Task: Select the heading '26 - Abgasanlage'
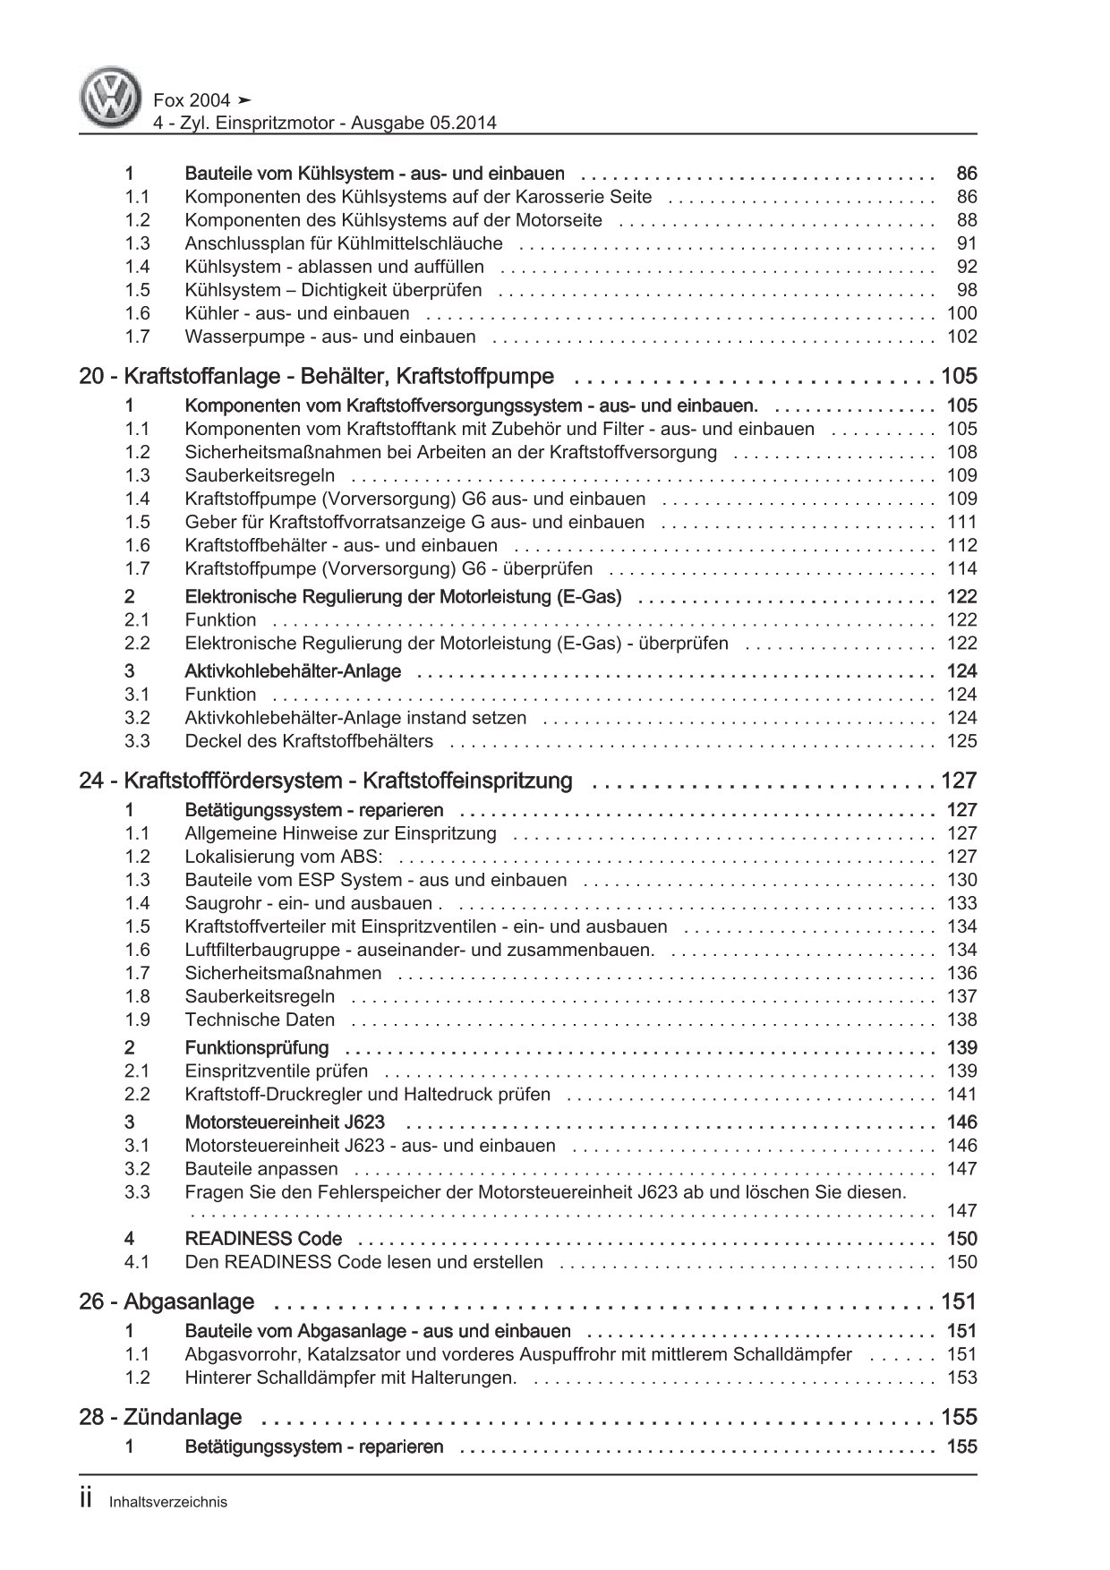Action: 166,1301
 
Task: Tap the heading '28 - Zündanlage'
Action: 160,1417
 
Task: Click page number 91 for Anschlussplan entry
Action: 966,243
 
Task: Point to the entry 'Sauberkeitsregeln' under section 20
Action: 260,475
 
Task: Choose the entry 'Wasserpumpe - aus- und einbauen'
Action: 330,337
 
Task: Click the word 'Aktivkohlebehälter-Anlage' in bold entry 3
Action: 293,671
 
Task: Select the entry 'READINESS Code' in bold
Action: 263,1239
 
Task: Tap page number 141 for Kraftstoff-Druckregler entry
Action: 961,1094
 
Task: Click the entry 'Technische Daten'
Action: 260,1020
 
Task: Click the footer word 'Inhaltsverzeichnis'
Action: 167,1503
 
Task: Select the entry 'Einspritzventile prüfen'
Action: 276,1071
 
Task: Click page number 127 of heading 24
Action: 958,781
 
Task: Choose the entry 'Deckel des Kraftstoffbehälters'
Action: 309,741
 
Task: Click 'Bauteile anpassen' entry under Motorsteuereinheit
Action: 261,1169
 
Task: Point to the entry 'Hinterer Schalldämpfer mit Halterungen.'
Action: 351,1378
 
